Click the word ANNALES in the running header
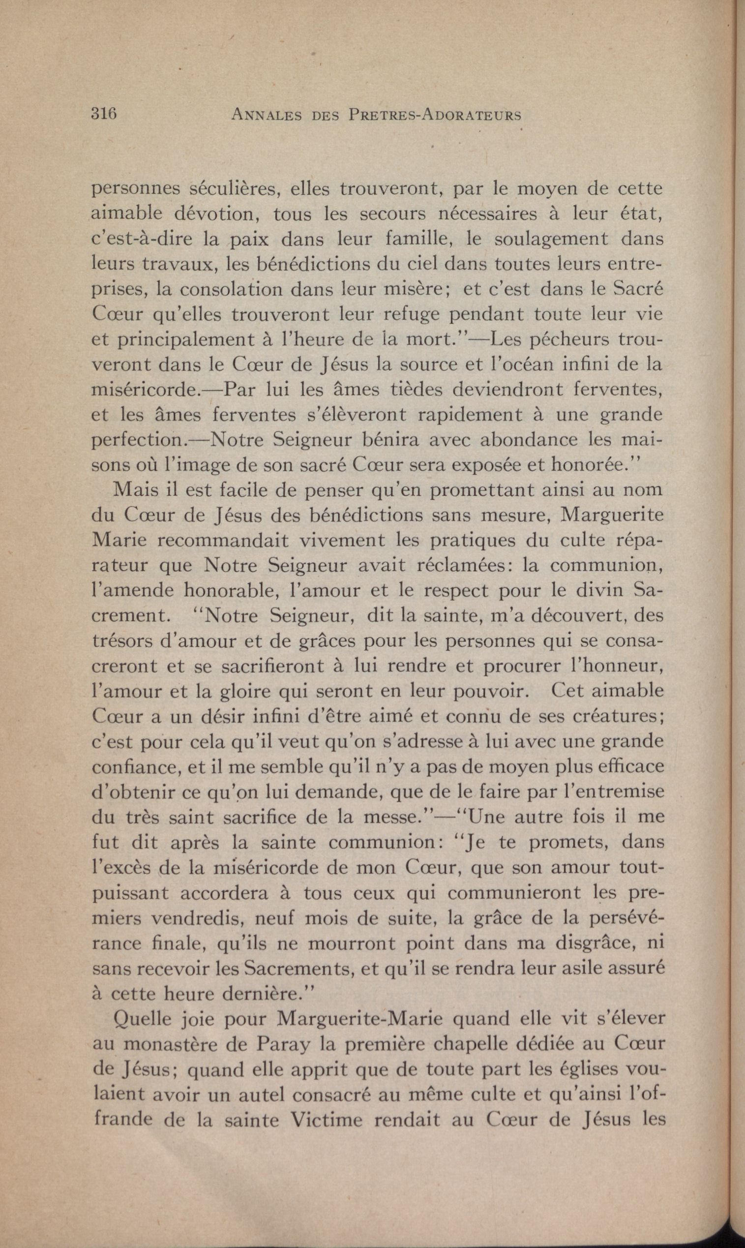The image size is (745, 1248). (x=266, y=115)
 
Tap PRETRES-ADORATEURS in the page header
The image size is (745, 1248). (x=435, y=115)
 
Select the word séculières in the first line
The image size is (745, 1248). (x=235, y=189)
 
